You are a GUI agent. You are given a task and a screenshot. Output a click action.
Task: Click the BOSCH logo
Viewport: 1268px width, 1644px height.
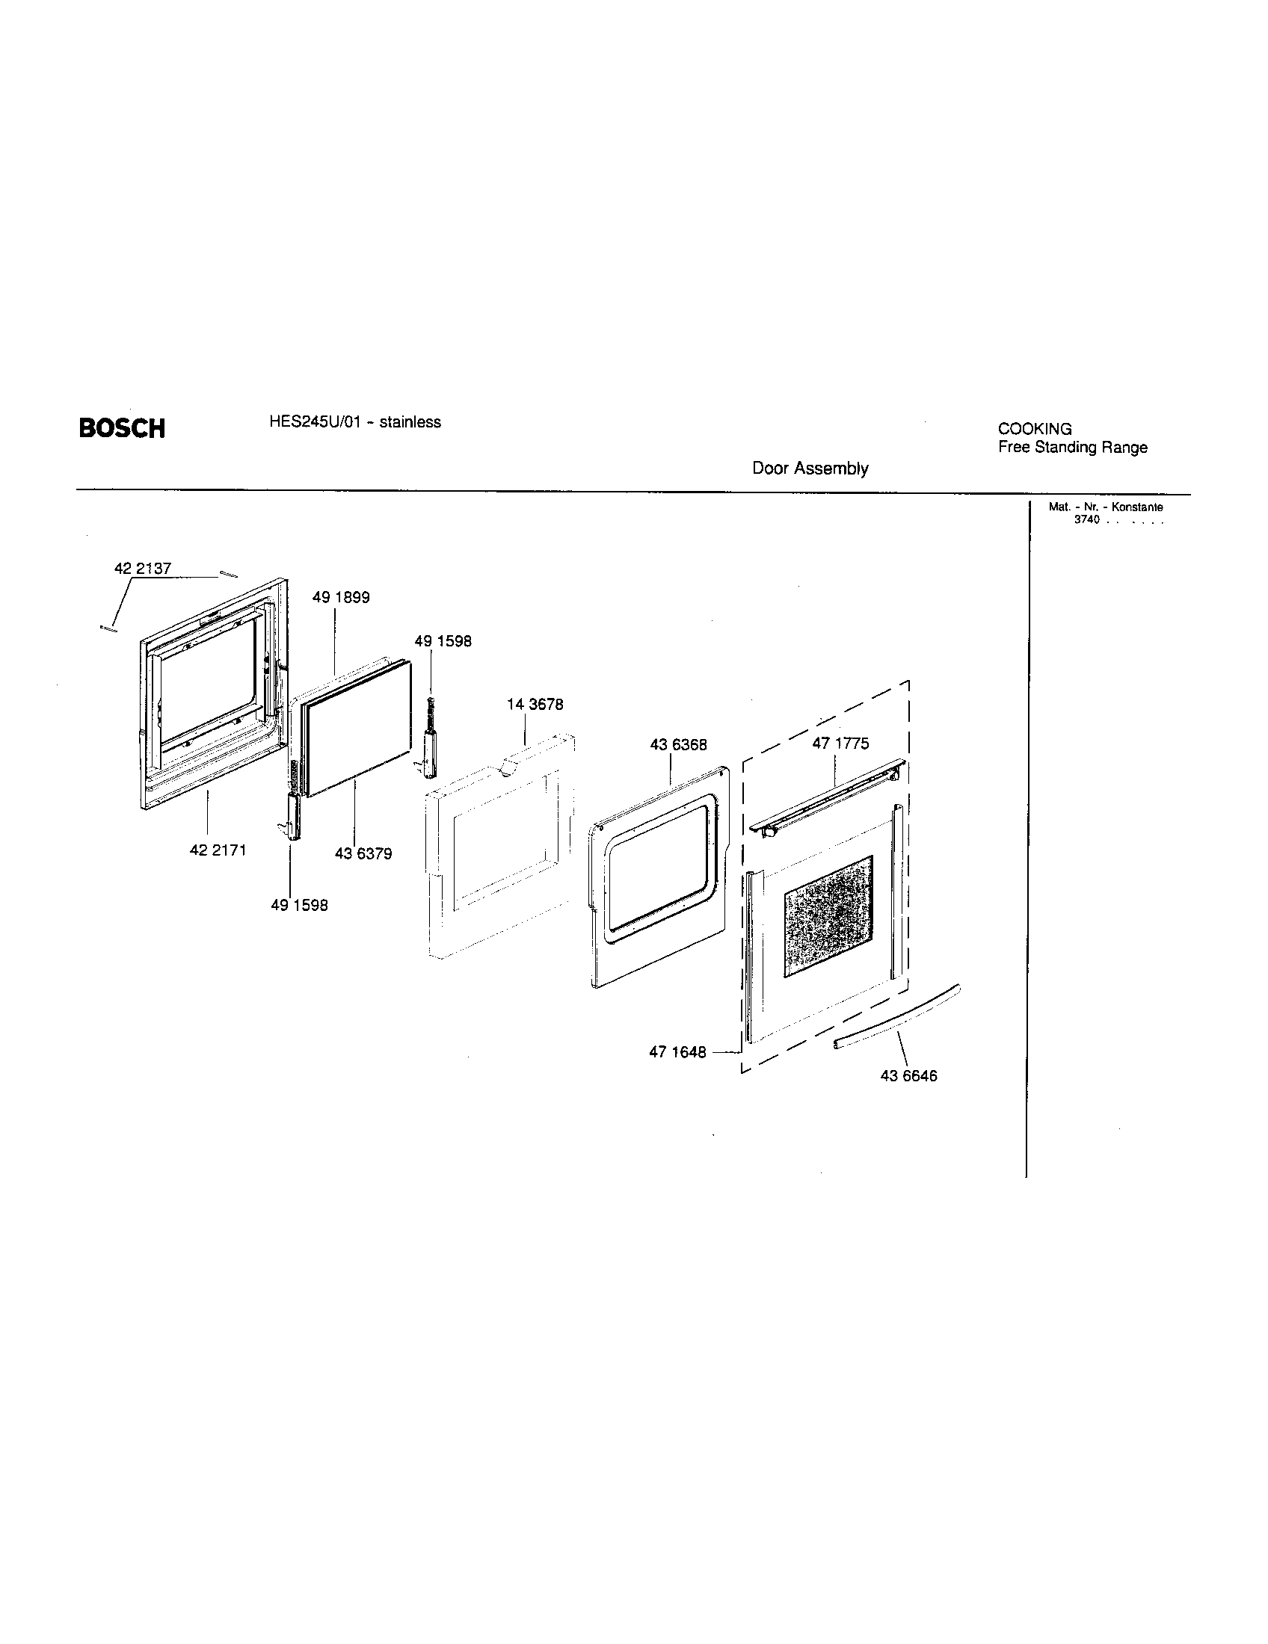coord(121,428)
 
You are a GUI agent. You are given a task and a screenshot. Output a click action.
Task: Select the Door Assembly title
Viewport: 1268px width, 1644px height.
coord(810,469)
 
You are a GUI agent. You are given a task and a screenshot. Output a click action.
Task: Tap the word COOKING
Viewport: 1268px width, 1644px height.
coord(1035,429)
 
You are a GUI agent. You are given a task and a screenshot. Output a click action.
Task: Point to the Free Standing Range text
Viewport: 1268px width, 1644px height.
coord(1072,447)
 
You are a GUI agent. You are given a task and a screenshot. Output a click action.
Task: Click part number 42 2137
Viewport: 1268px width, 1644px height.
coord(142,569)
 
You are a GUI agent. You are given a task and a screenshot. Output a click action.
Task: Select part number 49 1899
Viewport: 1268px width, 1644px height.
coord(340,598)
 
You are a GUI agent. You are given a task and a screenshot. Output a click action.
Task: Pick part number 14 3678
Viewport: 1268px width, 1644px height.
coord(535,705)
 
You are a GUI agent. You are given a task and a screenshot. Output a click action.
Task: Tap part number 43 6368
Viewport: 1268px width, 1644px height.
coord(678,744)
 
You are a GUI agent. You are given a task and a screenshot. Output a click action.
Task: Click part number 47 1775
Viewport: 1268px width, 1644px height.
coord(840,744)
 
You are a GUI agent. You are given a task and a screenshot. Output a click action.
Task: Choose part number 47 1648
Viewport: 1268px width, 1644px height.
coord(677,1052)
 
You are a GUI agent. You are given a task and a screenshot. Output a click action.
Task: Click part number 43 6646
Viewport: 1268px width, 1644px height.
coord(908,1076)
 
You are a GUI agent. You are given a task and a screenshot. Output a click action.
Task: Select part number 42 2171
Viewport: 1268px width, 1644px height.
coord(218,850)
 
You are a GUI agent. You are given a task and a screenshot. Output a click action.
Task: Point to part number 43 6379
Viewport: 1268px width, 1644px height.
coord(363,854)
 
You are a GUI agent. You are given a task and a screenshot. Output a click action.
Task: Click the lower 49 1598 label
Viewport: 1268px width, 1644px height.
coord(299,906)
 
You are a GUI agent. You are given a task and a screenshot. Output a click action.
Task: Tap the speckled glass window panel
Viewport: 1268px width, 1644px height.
coord(828,916)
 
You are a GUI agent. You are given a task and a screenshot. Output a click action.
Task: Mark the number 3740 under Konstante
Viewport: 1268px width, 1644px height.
coord(1086,520)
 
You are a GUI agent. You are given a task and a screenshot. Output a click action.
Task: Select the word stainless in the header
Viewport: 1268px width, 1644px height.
coord(410,422)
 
